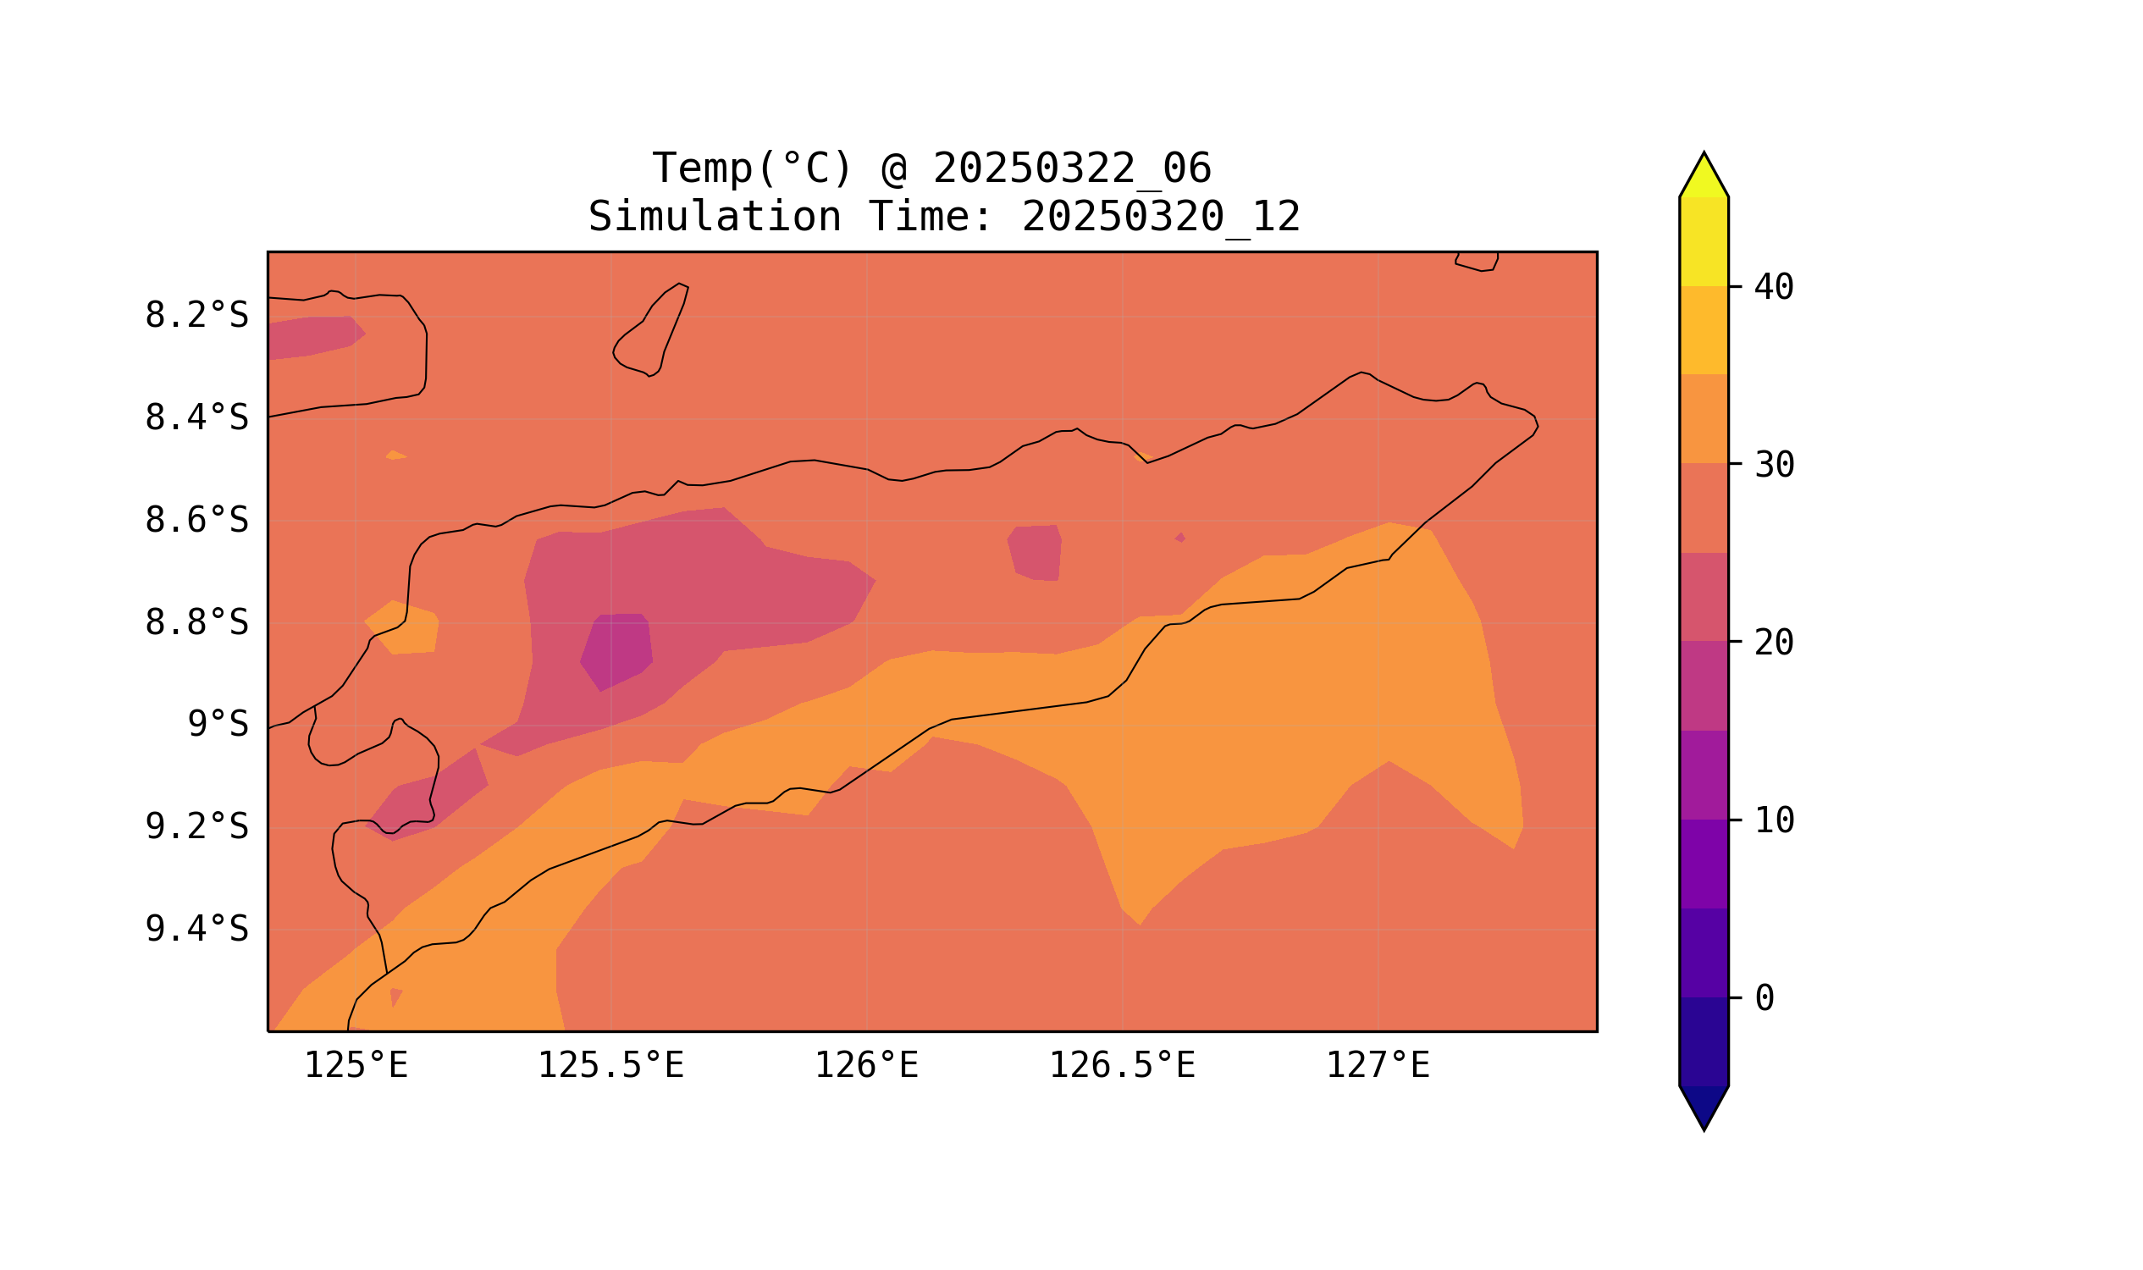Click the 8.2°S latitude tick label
(x=196, y=316)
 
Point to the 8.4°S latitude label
(x=196, y=418)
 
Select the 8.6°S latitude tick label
(x=196, y=521)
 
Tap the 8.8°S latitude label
(x=196, y=623)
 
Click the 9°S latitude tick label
(x=218, y=725)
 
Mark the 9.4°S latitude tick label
(x=196, y=930)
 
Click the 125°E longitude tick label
(x=356, y=1066)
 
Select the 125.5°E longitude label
(x=610, y=1066)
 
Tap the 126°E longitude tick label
(x=866, y=1066)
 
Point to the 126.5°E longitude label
(x=1122, y=1066)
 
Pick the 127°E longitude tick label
(x=1378, y=1066)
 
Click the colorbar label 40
(x=1774, y=288)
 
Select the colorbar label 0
(x=1765, y=999)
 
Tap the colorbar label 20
(x=1774, y=643)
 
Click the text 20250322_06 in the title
(x=1072, y=168)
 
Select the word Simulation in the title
(x=715, y=218)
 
